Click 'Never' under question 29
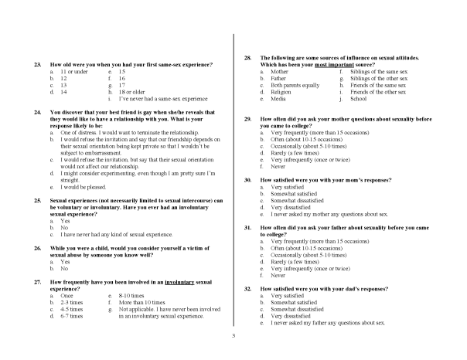pyautogui.click(x=278, y=166)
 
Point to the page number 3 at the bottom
pyautogui.click(x=233, y=336)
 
